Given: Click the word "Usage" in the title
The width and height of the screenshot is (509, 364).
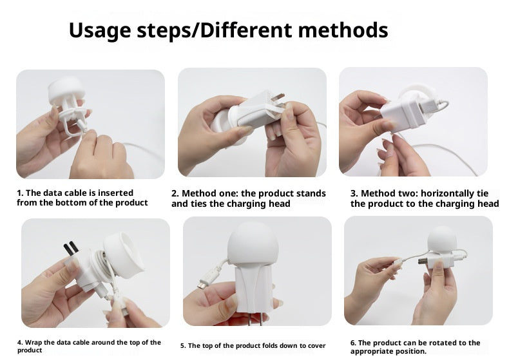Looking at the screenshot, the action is point(100,31).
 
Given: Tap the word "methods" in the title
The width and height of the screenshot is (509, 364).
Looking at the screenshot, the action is point(343,30).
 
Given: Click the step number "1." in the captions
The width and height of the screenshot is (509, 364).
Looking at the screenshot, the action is point(20,193).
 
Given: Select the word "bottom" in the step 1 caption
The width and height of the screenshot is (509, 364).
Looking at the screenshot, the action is point(75,203).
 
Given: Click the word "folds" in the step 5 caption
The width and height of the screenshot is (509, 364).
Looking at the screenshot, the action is point(271,345).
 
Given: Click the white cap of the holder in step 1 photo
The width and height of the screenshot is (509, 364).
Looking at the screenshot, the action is point(67,89).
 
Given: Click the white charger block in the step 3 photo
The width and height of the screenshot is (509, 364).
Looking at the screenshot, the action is point(403,113).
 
